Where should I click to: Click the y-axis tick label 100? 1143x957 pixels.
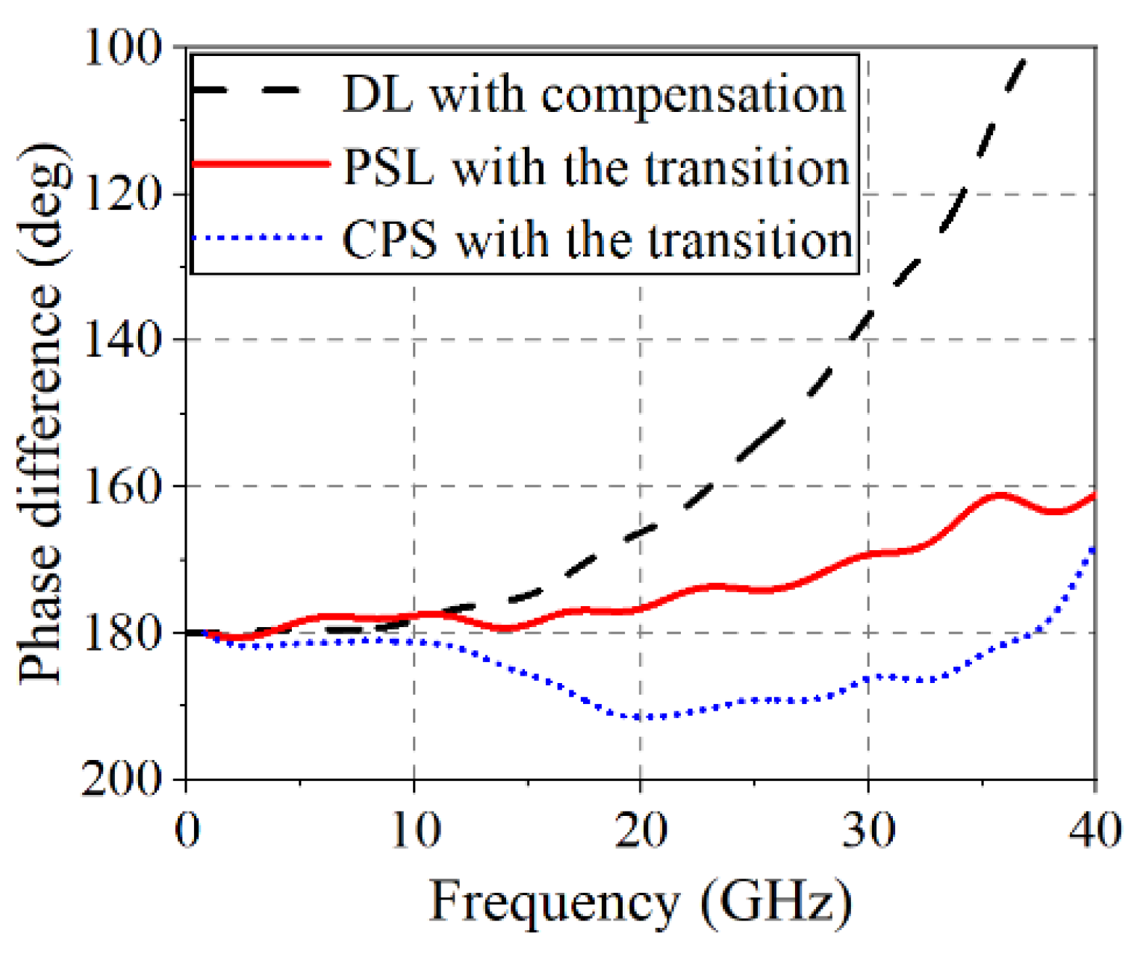(x=122, y=49)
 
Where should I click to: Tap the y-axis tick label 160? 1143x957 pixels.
(x=122, y=486)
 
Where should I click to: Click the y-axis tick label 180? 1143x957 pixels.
(x=122, y=632)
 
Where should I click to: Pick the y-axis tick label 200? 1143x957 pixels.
(x=122, y=779)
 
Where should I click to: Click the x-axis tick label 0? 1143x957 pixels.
(x=187, y=829)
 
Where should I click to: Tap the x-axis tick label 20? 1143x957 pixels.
(x=641, y=829)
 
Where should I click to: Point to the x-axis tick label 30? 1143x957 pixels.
(x=868, y=829)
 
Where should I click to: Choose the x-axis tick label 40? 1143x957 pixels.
(x=1094, y=829)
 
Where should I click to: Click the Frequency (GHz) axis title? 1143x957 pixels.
(x=641, y=901)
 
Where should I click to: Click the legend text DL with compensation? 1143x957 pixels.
(x=594, y=96)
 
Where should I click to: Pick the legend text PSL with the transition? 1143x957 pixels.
(x=597, y=167)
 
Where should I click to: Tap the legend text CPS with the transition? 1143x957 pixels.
(x=597, y=240)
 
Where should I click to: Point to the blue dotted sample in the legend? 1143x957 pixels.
(x=258, y=237)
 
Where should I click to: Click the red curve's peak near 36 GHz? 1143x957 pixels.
(x=1000, y=495)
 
